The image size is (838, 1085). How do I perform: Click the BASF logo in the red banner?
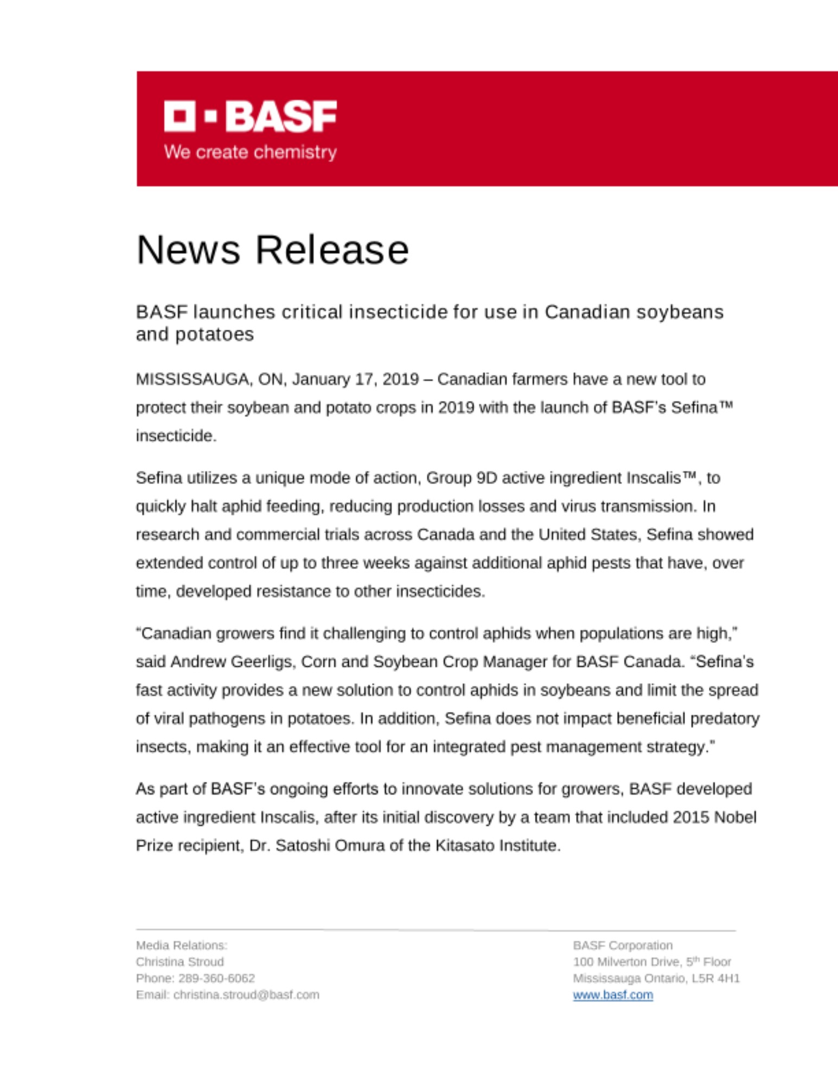250,116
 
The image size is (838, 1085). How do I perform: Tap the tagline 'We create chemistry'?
250,152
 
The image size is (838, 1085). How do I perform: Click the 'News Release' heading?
272,250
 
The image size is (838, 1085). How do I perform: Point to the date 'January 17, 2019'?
355,379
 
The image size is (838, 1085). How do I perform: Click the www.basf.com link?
613,995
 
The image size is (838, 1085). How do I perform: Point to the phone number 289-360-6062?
216,978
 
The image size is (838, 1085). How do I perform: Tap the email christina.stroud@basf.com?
246,995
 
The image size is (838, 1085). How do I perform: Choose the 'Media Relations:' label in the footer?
182,946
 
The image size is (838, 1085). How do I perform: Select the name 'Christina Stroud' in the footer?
180,962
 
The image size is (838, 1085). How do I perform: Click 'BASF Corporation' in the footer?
623,946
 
